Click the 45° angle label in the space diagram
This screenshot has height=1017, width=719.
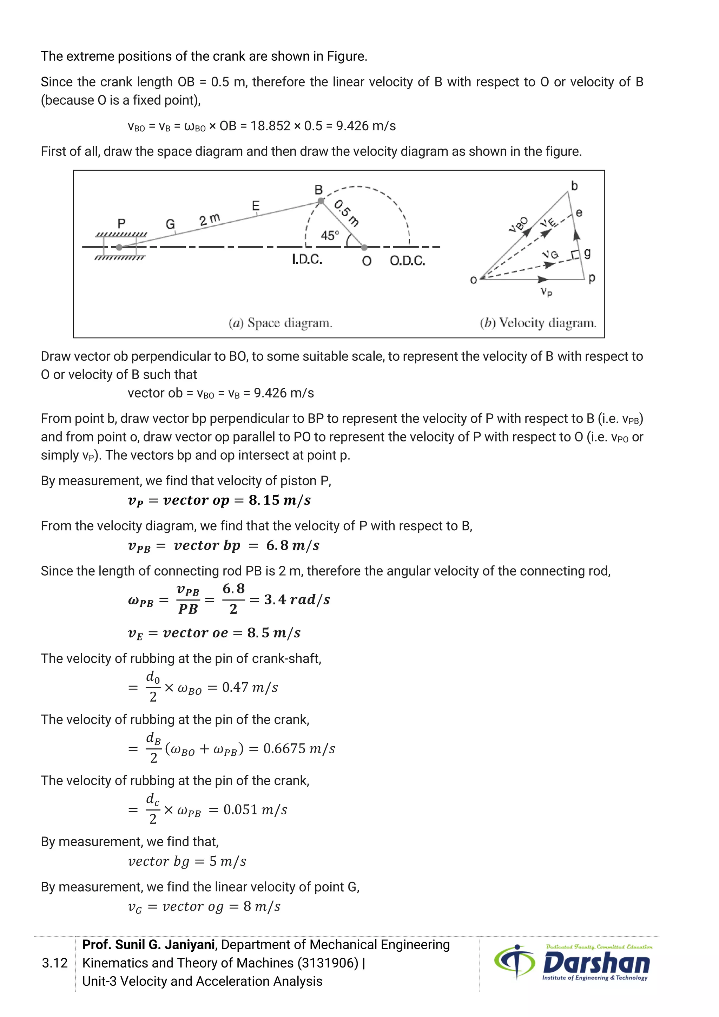tap(330, 235)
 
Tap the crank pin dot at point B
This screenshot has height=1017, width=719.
tap(321, 201)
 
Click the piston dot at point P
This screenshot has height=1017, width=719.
tap(119, 247)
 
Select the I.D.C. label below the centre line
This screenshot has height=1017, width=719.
tap(307, 260)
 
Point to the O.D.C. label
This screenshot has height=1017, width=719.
tap(407, 261)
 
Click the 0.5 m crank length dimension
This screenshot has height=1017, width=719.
tap(347, 213)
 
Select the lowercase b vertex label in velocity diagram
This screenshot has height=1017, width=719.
tap(574, 185)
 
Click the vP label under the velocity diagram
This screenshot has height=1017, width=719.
tap(546, 292)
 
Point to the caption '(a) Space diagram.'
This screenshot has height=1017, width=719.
tap(280, 323)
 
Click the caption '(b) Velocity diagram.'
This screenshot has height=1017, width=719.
tap(538, 323)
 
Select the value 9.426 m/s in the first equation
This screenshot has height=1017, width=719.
tap(366, 126)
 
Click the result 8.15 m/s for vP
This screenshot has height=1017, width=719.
tap(279, 500)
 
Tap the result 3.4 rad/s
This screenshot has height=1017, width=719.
tap(297, 600)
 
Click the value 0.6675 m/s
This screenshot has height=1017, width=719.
tap(299, 749)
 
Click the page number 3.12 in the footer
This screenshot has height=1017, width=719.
tap(55, 963)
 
